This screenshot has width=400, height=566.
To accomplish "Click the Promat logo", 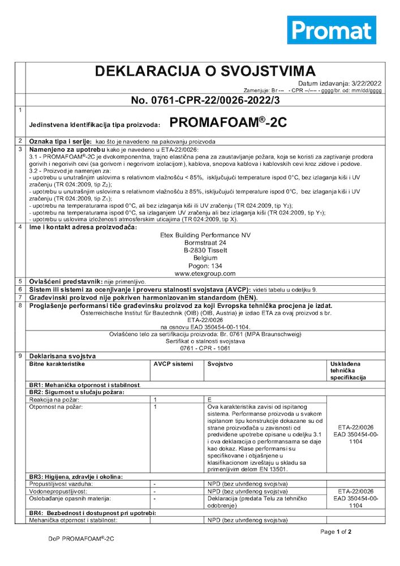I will click(x=332, y=29).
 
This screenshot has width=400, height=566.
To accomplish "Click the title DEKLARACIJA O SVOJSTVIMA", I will click(x=205, y=71).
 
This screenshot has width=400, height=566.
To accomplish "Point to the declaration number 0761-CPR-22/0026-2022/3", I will click(x=205, y=100).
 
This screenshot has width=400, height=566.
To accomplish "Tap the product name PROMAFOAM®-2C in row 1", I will click(x=228, y=123).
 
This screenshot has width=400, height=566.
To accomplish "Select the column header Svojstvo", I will click(x=220, y=364).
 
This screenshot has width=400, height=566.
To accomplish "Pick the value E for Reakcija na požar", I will click(x=209, y=399).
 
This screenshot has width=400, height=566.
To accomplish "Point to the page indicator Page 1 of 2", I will click(x=336, y=531).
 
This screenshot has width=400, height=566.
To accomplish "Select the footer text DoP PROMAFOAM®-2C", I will click(x=81, y=539).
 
